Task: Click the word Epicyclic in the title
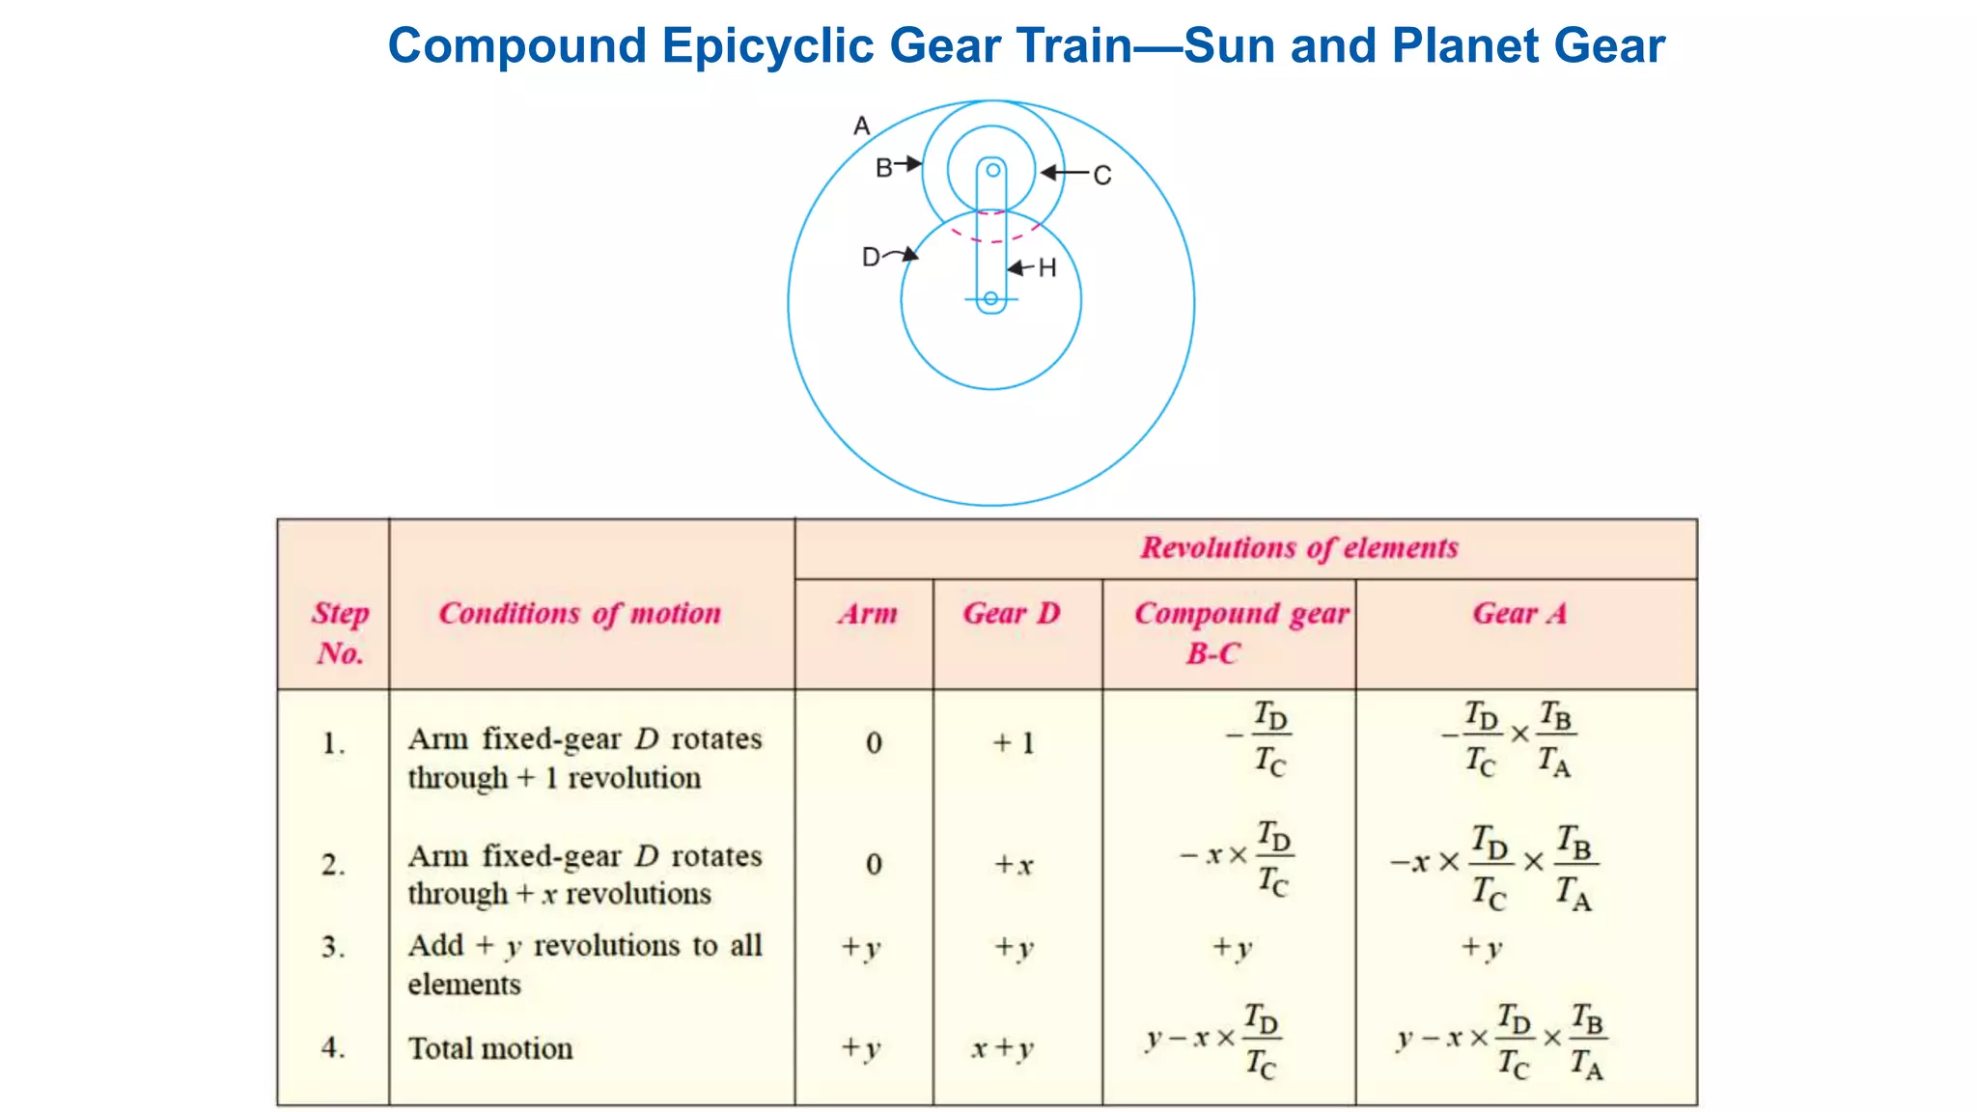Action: click(767, 46)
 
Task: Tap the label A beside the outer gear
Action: click(862, 126)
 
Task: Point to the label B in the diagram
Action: click(883, 168)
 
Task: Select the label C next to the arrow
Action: click(1102, 176)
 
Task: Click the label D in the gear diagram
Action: click(871, 258)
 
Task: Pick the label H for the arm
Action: click(1047, 268)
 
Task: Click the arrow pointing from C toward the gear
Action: click(1064, 174)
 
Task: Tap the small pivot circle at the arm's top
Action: click(992, 171)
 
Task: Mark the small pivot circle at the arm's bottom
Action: click(991, 299)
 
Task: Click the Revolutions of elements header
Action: click(1299, 548)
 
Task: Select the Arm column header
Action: click(867, 614)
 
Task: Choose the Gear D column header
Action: click(1012, 614)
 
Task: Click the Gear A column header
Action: click(1519, 614)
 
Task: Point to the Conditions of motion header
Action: click(580, 614)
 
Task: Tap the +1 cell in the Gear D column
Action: click(1014, 743)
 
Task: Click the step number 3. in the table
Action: click(333, 947)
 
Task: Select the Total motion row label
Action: click(490, 1049)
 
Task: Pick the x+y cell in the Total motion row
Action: click(1003, 1048)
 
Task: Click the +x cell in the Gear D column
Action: click(1015, 865)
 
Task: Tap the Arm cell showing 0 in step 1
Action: click(874, 743)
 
